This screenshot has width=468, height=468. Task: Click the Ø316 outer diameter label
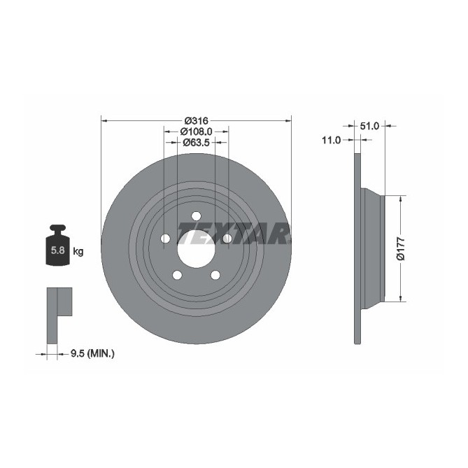(196, 120)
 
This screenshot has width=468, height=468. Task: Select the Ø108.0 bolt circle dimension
(196, 131)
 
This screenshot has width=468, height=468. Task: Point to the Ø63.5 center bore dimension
(196, 142)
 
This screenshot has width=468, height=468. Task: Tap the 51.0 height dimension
(369, 126)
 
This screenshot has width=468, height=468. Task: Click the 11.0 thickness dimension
(330, 140)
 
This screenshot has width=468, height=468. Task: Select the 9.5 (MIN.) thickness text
(92, 354)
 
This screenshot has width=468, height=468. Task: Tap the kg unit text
(78, 251)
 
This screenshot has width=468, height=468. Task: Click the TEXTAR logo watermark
(233, 234)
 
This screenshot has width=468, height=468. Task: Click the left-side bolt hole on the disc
(166, 239)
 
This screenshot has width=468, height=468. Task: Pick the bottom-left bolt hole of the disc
(177, 275)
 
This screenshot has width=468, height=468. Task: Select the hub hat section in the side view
(373, 248)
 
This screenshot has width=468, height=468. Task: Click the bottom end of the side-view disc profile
(358, 339)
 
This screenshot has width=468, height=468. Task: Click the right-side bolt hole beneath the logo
(227, 239)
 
